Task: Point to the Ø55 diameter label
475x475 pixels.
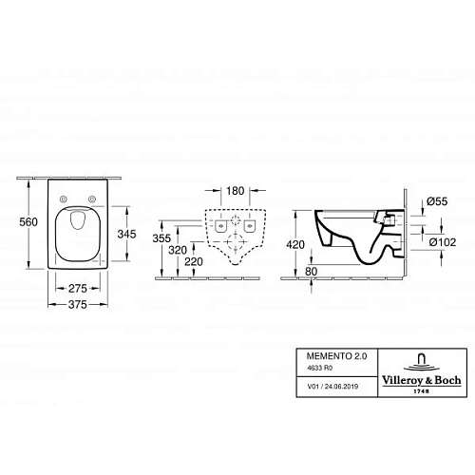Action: [x=438, y=202]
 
